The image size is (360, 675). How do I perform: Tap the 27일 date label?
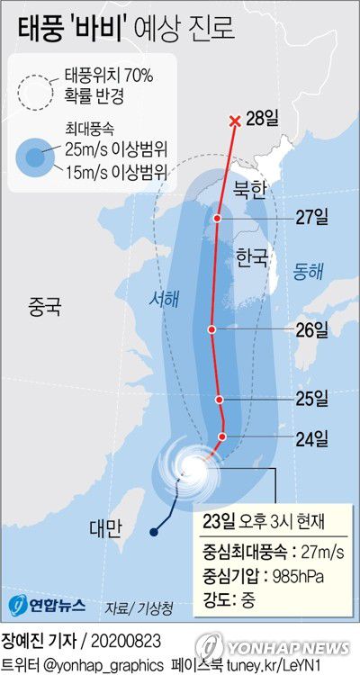coord(311,217)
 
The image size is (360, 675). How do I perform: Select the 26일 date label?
coord(311,329)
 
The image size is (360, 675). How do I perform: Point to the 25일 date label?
coord(311,398)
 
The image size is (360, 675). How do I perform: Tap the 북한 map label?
coord(250,190)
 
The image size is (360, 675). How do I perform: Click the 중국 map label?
coord(43,308)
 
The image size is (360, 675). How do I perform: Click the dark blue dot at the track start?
coord(154,534)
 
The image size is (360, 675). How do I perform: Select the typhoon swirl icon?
coord(190,466)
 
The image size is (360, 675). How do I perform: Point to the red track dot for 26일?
coord(211,329)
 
